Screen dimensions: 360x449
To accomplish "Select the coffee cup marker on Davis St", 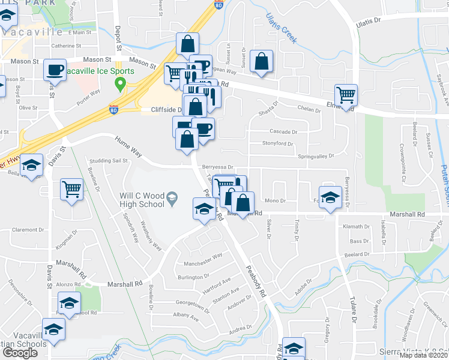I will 55,70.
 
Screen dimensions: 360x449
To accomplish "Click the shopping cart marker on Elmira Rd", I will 346,94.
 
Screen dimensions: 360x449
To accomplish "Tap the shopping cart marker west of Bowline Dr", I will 71,189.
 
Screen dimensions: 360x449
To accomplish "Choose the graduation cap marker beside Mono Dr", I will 330,197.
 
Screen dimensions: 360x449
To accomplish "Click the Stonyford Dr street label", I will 277,143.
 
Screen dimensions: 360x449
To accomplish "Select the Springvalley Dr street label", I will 316,156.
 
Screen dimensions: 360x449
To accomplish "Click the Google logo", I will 20,353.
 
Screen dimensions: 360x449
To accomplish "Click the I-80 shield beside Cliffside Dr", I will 114,109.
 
